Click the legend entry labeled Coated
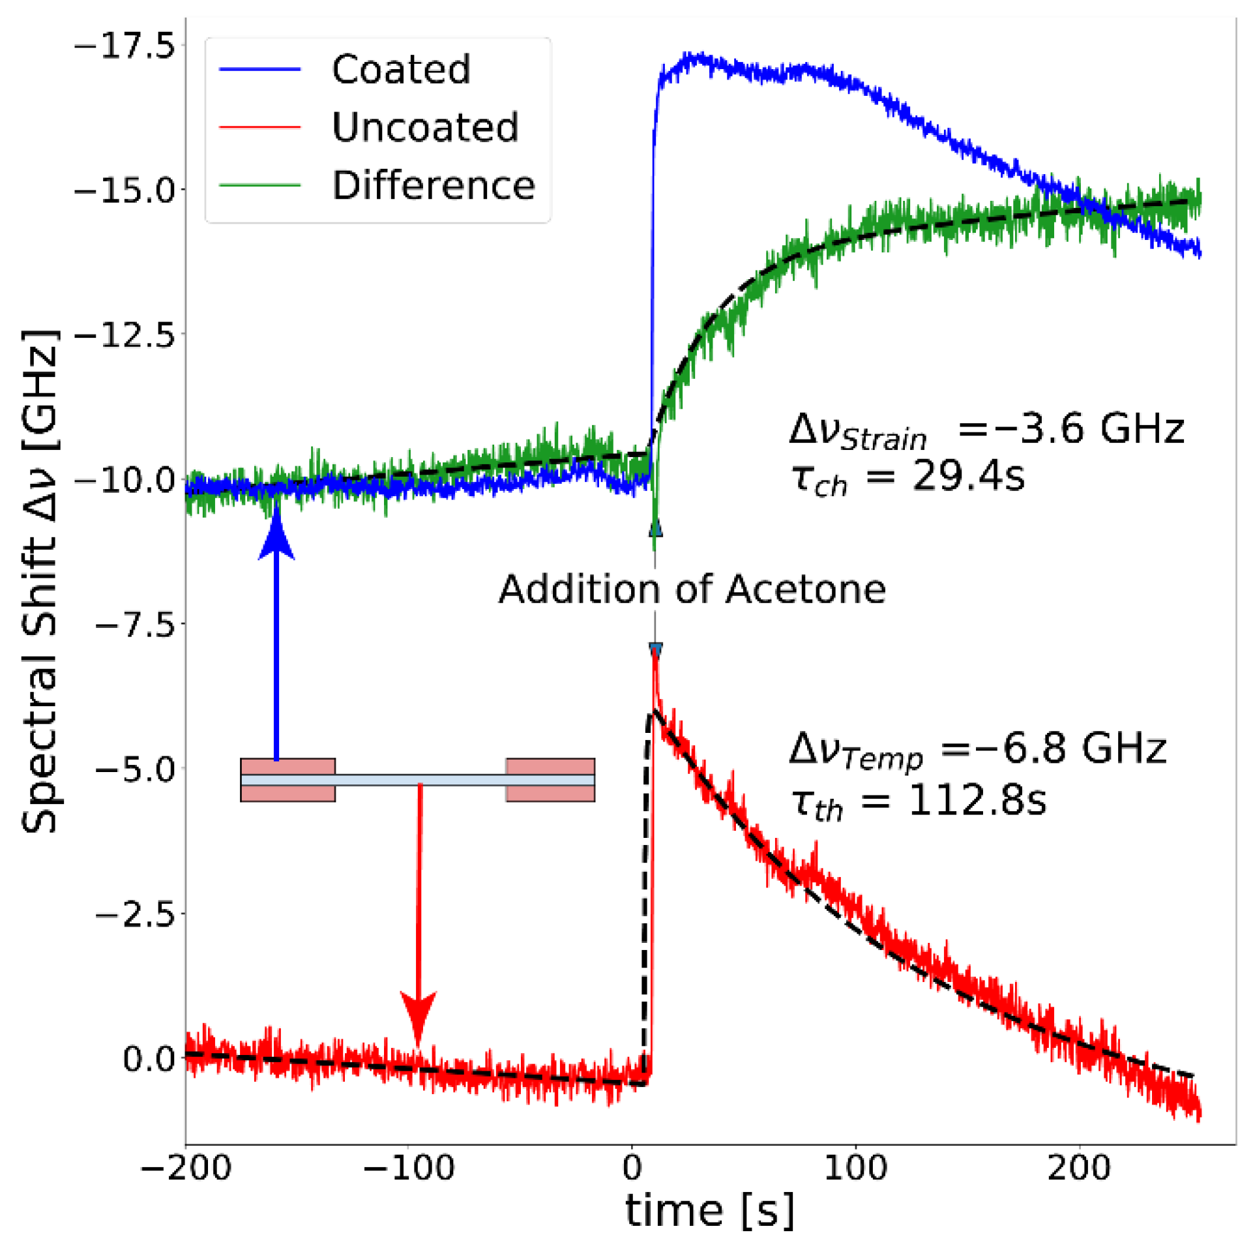(400, 69)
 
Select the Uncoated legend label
(425, 127)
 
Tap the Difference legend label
(433, 186)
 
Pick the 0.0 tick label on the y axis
(149, 1059)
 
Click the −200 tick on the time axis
(186, 1167)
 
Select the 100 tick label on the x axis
(855, 1167)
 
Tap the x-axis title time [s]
(709, 1212)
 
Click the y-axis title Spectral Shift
(40, 580)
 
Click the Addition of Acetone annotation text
(692, 589)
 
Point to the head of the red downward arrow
(418, 1017)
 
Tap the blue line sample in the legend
(259, 69)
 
